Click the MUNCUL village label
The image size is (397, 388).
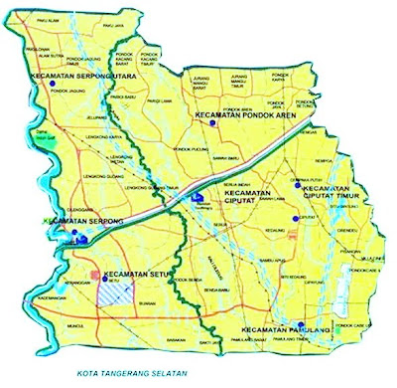(77, 325)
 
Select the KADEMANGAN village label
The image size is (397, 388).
(52, 296)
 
